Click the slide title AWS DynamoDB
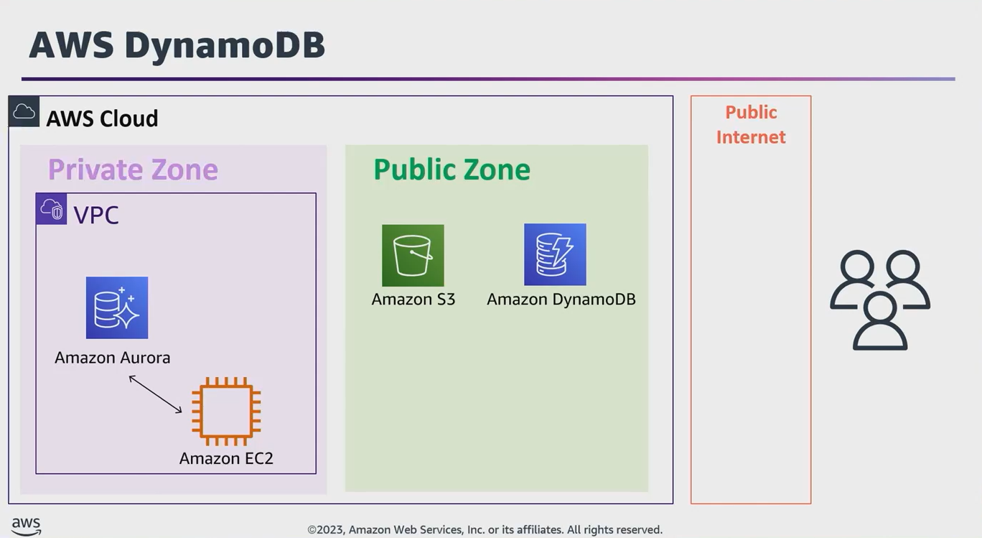(177, 45)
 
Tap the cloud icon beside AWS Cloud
(24, 111)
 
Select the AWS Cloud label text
(102, 119)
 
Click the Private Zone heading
(133, 170)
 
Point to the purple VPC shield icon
(52, 209)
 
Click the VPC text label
(96, 215)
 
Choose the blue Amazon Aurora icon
(117, 307)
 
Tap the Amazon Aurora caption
(113, 358)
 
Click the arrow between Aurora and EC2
(155, 394)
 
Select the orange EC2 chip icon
(226, 412)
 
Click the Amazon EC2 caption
(226, 458)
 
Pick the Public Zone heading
(452, 170)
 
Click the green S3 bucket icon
(413, 255)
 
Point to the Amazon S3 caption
(413, 300)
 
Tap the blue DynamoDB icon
(555, 254)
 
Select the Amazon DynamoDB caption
(561, 300)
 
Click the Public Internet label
(751, 124)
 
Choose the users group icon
(880, 300)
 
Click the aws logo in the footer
(26, 527)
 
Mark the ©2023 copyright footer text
(485, 530)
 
